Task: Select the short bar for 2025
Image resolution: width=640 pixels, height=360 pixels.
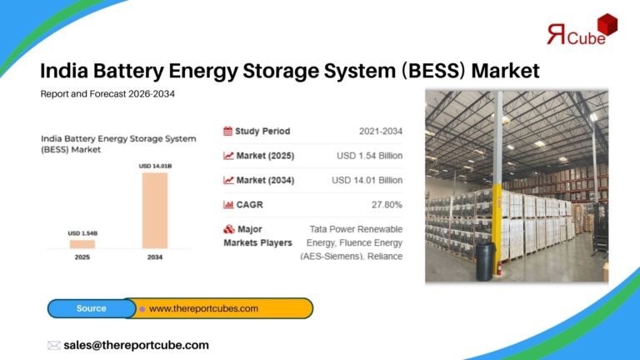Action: [82, 243]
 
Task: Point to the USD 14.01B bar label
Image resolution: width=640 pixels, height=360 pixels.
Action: [154, 167]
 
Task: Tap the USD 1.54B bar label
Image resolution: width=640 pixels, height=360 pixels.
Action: [82, 233]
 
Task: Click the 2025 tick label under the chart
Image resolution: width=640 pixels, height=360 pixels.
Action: [82, 258]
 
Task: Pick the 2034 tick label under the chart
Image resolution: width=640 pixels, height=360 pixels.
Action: [154, 258]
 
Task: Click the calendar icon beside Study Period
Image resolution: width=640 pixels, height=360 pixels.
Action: [227, 131]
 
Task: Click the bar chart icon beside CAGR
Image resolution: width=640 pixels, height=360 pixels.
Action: [227, 204]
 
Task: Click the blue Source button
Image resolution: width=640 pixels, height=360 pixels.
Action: [91, 308]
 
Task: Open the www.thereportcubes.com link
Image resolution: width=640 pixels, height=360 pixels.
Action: [203, 308]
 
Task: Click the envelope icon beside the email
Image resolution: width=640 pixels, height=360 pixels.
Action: [53, 345]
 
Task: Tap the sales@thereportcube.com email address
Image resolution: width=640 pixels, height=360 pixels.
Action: [136, 345]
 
